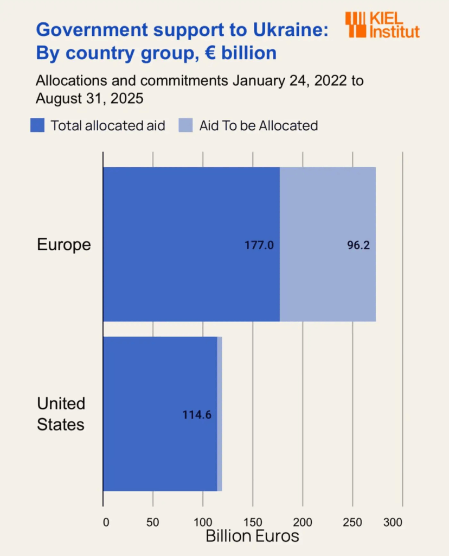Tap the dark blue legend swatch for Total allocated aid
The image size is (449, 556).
[37, 126]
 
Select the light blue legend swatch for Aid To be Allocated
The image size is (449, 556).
[185, 126]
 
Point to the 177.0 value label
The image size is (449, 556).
[259, 245]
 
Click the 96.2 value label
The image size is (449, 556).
[358, 245]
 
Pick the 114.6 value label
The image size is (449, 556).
[197, 415]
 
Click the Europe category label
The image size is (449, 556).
[63, 244]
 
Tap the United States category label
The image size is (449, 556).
[61, 414]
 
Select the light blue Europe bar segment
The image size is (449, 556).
[328, 217]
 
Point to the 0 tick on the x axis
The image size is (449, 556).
[106, 522]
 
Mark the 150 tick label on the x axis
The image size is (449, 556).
[253, 522]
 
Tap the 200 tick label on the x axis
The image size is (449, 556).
[303, 522]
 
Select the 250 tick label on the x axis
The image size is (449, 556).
[352, 522]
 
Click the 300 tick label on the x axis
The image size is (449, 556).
[393, 522]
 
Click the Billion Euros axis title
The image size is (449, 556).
[252, 536]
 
